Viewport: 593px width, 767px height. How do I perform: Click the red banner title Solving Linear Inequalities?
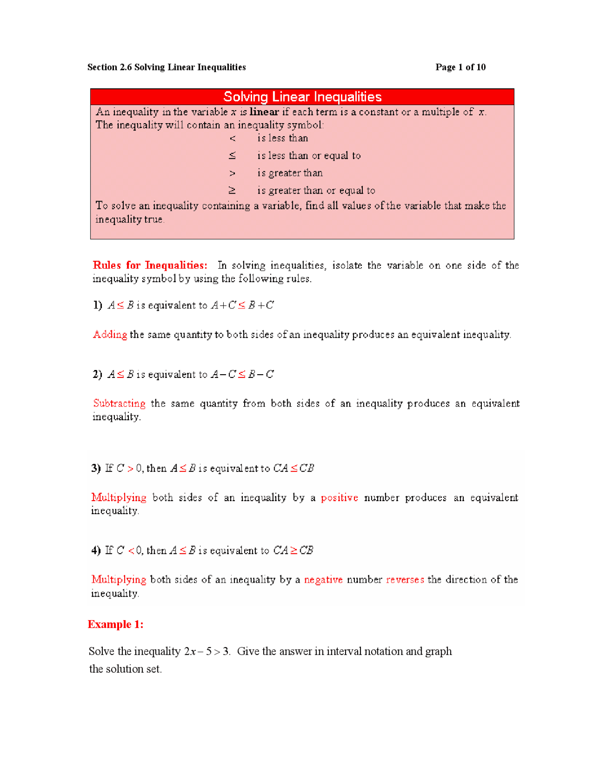tap(302, 97)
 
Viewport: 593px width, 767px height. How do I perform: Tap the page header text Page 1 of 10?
tap(460, 67)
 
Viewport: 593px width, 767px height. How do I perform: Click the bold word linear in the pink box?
tap(264, 112)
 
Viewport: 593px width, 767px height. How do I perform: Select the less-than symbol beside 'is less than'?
tap(233, 138)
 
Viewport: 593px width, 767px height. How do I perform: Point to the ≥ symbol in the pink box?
tap(232, 190)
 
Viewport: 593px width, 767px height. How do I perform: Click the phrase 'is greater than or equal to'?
tap(316, 190)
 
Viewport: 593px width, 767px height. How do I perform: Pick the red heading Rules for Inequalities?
tap(150, 265)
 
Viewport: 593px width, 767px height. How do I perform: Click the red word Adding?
tap(110, 334)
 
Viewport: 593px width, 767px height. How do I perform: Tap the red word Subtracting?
tap(119, 403)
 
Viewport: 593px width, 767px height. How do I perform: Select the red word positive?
tap(339, 498)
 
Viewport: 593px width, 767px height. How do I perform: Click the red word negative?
tap(323, 580)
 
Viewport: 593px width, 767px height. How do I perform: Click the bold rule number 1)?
tap(97, 305)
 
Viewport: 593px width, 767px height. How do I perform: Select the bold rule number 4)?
tap(96, 550)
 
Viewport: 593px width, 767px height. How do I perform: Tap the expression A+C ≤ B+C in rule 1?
tap(242, 305)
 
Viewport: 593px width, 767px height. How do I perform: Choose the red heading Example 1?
tap(115, 624)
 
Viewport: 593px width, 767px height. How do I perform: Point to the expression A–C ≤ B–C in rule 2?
tap(242, 374)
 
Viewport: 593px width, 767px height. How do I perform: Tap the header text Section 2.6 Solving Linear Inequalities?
tap(166, 67)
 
